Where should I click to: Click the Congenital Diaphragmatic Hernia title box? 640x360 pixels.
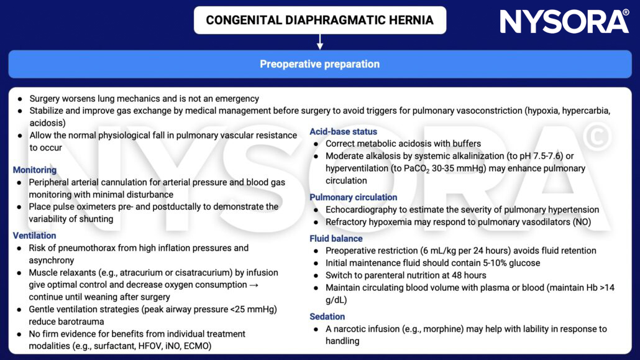click(319, 20)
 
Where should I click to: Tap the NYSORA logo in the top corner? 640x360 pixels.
click(564, 22)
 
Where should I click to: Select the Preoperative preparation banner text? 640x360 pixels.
click(319, 64)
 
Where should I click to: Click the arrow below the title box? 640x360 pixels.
click(320, 42)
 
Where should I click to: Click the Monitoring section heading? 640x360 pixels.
click(35, 170)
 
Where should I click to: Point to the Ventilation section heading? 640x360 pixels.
click(35, 236)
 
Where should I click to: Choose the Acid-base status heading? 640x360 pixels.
click(343, 132)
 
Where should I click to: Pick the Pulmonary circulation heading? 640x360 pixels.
click(353, 197)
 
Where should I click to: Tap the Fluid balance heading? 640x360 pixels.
click(336, 238)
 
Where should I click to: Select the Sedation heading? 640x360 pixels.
click(327, 316)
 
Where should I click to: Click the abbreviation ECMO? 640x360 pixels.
click(196, 346)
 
